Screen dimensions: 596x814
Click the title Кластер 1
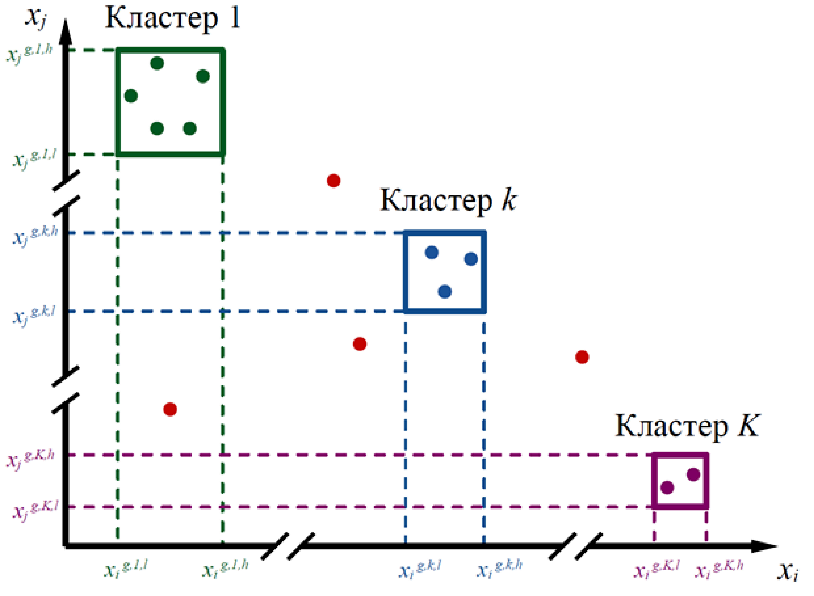[172, 18]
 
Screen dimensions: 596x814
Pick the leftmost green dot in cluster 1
[131, 96]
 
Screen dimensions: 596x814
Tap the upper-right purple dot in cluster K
[693, 474]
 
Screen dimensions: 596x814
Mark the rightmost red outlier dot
[582, 357]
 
